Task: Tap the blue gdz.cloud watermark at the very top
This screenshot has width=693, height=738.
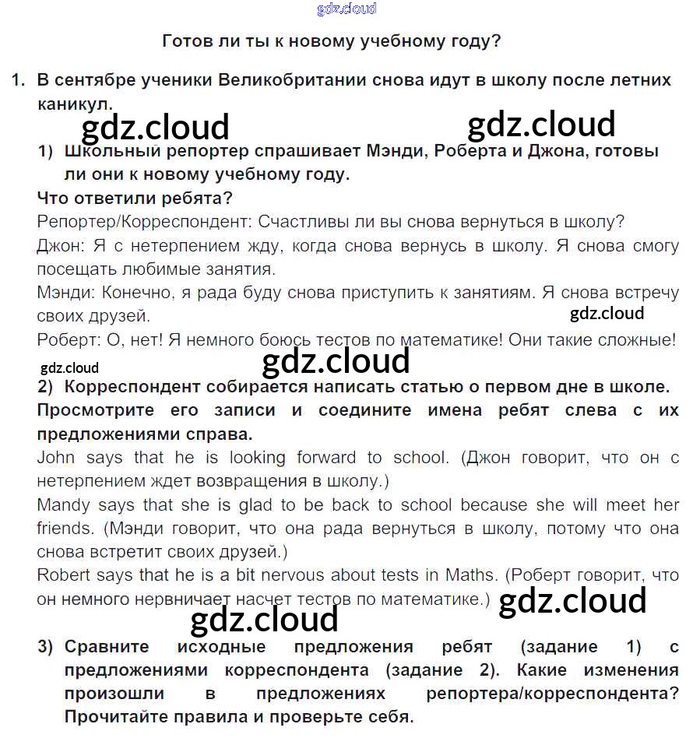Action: [346, 9]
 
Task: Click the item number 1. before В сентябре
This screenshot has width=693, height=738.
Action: [19, 81]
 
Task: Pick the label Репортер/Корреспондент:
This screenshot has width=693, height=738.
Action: [143, 222]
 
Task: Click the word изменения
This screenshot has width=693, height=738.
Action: [631, 670]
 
